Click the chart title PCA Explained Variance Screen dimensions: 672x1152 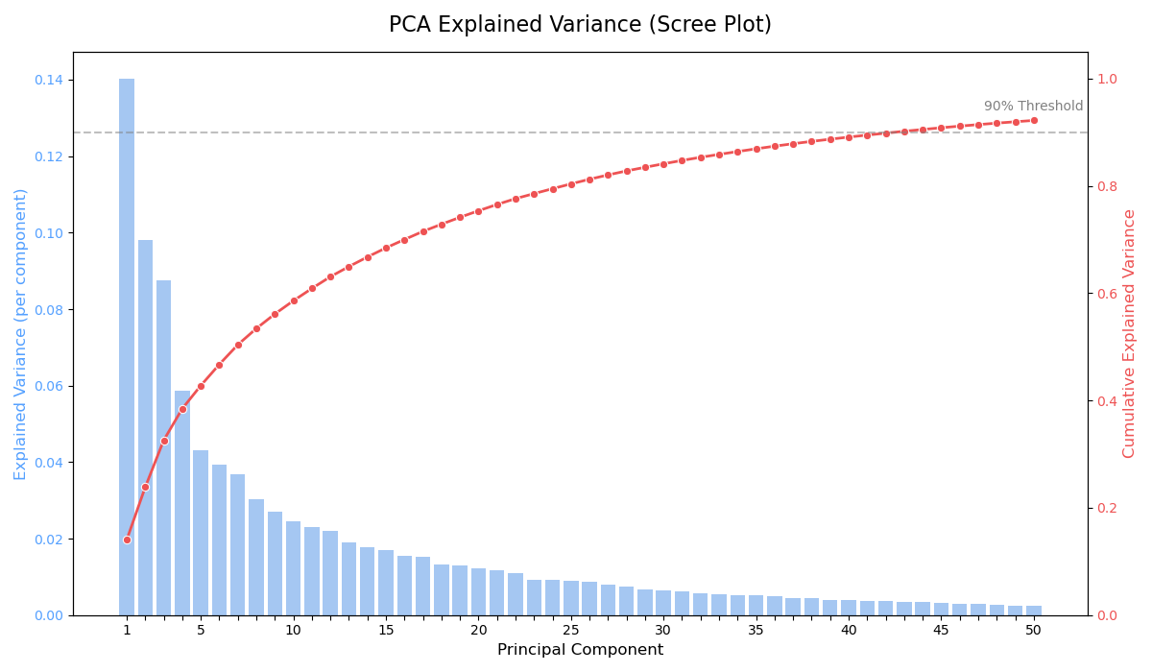[580, 25]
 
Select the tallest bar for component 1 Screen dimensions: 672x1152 [127, 346]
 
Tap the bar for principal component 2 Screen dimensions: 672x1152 [145, 427]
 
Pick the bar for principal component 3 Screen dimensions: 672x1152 [164, 447]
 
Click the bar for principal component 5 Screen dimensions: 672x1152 [201, 533]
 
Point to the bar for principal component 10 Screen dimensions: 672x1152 [294, 568]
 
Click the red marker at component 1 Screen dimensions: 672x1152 [127, 540]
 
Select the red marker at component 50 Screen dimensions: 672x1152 [1034, 120]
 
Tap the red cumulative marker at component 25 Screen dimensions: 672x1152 [571, 184]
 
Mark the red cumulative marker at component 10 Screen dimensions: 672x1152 [294, 300]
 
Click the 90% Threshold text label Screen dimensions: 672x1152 [1033, 107]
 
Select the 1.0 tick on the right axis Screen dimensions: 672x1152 [1107, 79]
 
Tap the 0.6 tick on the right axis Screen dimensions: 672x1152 [1107, 294]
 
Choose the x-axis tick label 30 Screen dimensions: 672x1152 [663, 631]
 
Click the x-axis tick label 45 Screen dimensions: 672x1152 [941, 631]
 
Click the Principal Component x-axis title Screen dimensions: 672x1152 [580, 651]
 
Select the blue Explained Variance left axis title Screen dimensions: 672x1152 [21, 334]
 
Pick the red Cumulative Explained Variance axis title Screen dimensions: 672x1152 [1130, 334]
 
